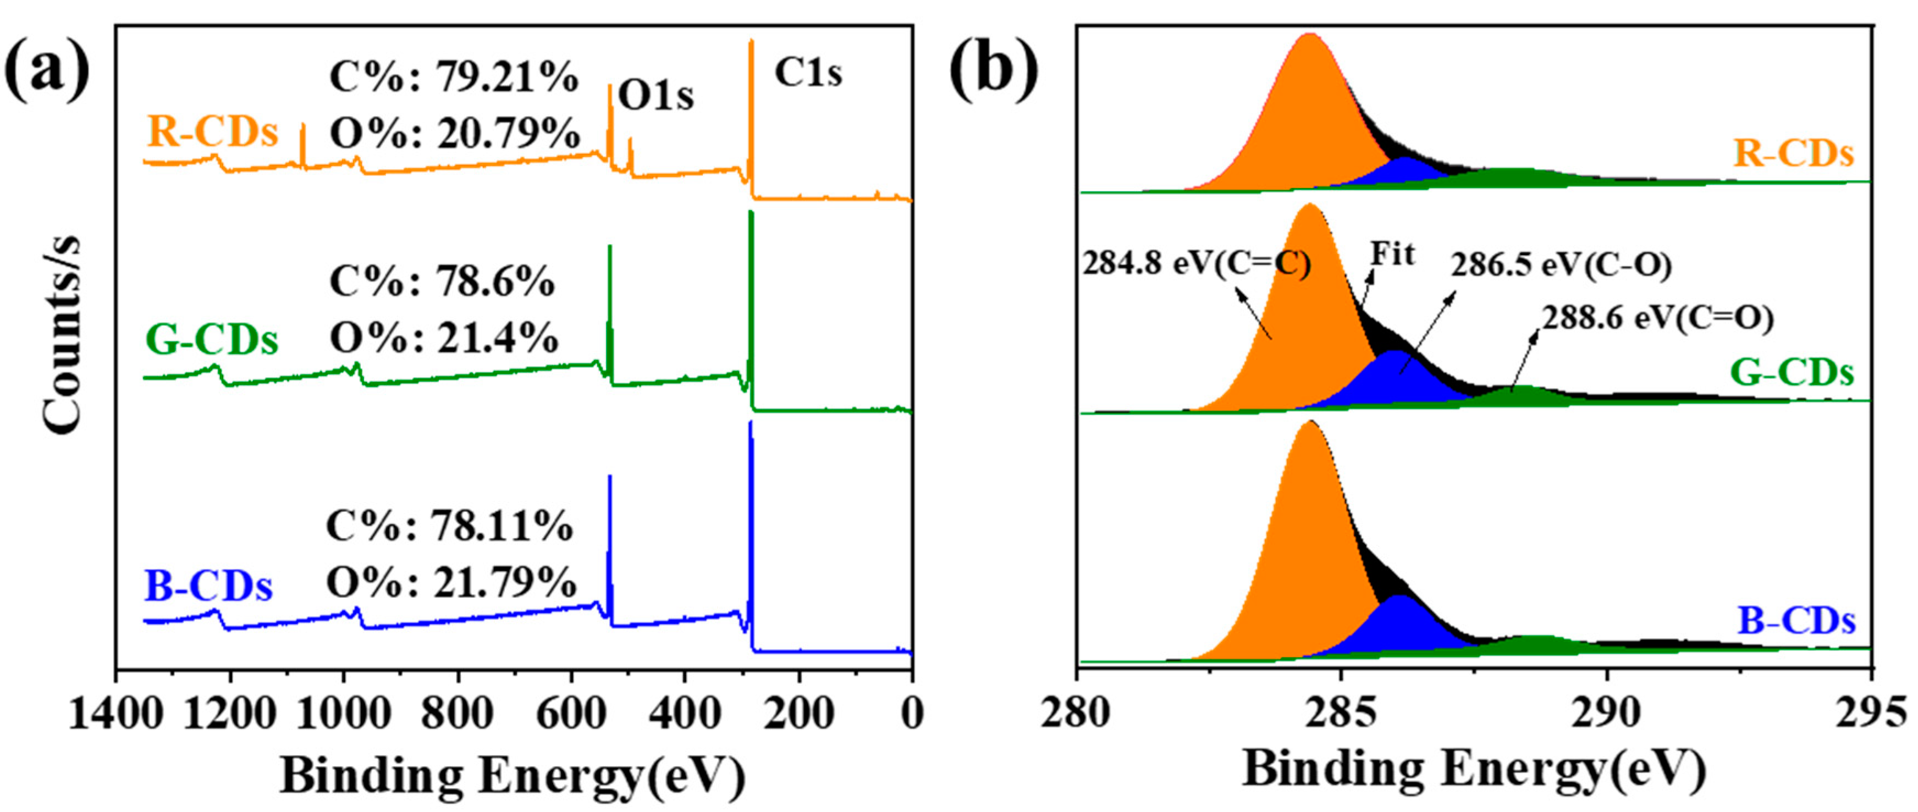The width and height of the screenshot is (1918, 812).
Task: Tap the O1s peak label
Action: [x=656, y=95]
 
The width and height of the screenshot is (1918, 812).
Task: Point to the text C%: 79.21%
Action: [x=454, y=76]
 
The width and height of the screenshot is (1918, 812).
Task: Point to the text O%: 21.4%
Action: [x=444, y=339]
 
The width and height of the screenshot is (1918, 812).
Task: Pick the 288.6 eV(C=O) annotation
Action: [x=1657, y=318]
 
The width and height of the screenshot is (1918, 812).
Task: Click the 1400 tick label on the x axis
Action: [x=115, y=713]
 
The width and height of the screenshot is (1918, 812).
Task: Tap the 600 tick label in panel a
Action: [x=571, y=713]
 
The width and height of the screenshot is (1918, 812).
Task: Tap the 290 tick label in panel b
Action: [x=1606, y=713]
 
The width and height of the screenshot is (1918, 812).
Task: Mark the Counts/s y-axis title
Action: [x=62, y=335]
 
